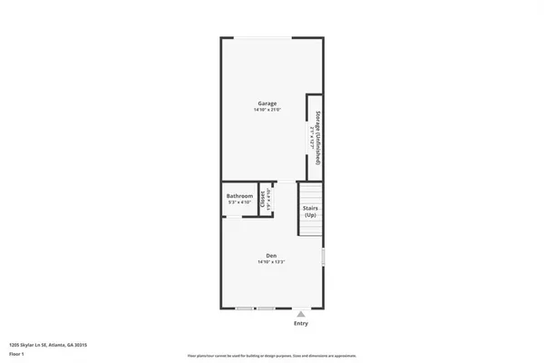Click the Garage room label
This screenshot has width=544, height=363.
click(267, 103)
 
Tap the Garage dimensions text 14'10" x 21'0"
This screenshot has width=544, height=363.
click(267, 111)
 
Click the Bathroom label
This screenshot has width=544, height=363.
click(239, 197)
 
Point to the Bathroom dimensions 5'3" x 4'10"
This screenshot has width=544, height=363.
click(239, 203)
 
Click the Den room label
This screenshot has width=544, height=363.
click(270, 256)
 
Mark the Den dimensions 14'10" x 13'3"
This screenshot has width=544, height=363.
click(270, 263)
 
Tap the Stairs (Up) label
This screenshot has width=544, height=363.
click(310, 211)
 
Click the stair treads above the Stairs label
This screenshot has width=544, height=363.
click(311, 192)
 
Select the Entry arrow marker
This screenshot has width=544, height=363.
click(300, 314)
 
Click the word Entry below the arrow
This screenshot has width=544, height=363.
click(300, 324)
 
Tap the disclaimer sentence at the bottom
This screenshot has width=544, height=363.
click(271, 356)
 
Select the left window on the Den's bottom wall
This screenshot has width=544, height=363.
click(244, 309)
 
